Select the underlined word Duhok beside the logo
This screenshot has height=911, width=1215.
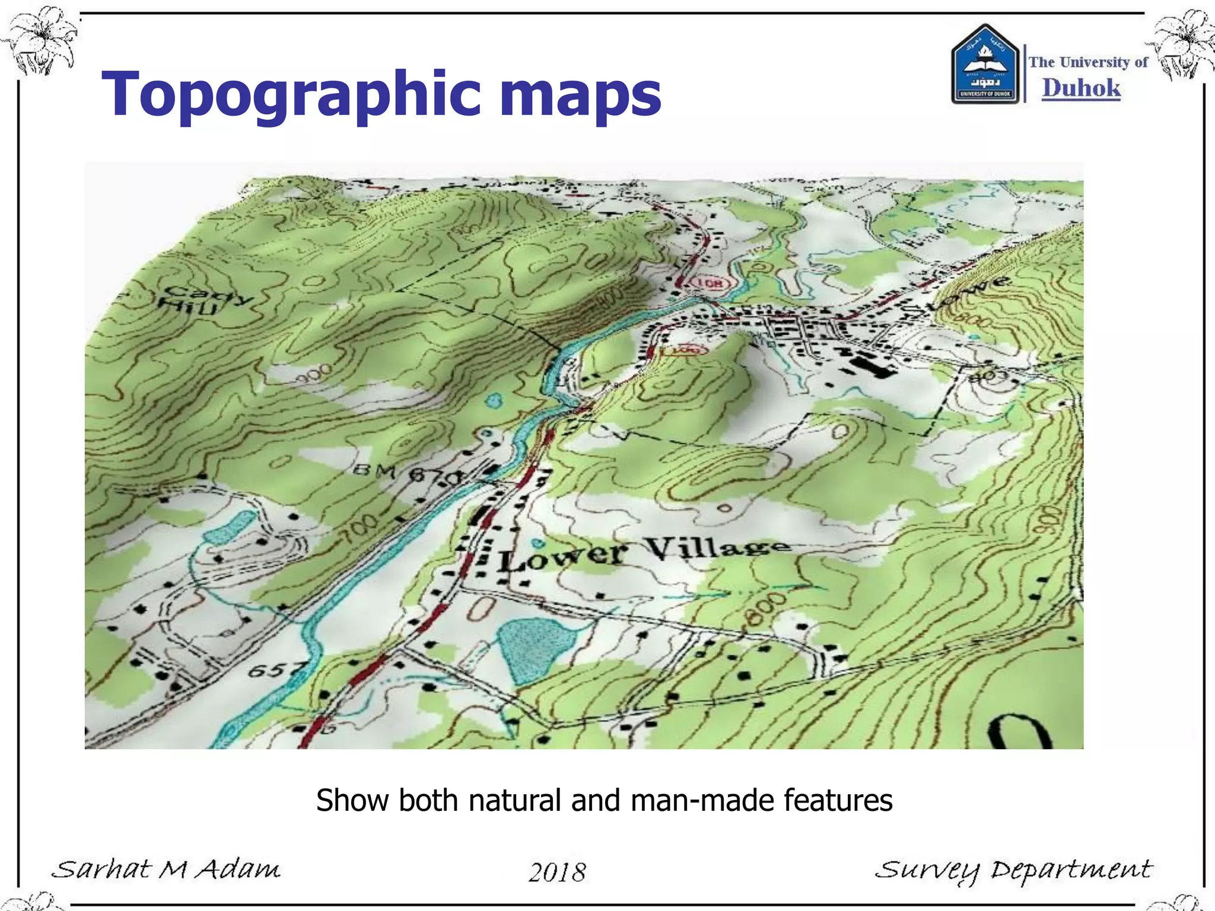[1081, 88]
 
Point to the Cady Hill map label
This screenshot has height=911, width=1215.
[196, 300]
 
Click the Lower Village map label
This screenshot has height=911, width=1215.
[644, 553]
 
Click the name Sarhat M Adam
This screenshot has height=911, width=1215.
[166, 869]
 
